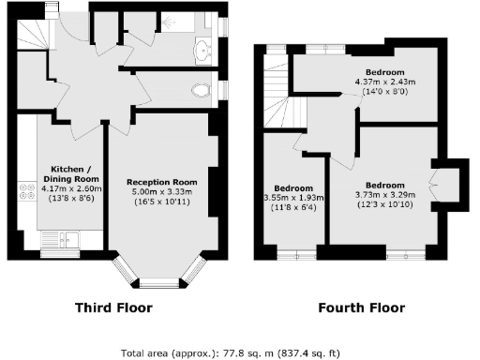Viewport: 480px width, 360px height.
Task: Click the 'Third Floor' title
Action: coord(112,307)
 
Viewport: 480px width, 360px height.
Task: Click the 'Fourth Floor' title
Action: coord(361,307)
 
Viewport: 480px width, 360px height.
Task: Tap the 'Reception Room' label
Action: coord(161,182)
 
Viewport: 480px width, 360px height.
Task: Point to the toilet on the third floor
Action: coord(200,90)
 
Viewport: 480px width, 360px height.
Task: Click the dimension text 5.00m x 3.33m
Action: coord(161,193)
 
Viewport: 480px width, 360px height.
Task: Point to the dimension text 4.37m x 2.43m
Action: coord(384,82)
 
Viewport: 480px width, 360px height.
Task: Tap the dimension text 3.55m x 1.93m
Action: coord(293,198)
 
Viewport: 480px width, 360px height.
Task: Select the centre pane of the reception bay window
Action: coord(159,281)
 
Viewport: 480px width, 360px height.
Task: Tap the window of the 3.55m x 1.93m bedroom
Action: coord(292,252)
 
